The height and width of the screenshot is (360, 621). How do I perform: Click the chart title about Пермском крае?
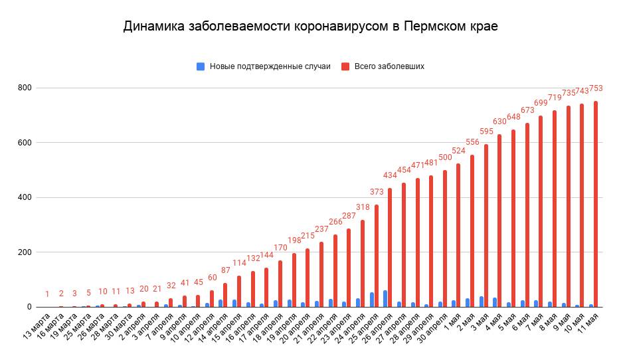pos(310,27)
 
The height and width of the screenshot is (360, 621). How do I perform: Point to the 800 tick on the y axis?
pos(25,88)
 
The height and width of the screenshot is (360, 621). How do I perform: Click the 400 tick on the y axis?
pos(25,198)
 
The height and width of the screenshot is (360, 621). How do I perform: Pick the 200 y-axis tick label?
pos(25,252)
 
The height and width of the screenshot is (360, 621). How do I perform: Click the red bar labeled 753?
pos(596,204)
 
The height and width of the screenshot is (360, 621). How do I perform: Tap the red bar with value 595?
pos(486,225)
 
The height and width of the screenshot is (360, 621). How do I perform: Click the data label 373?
pos(377,192)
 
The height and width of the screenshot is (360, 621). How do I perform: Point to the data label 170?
pos(281,248)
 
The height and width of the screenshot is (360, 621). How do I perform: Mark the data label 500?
pos(446,157)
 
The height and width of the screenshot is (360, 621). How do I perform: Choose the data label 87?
pos(225,270)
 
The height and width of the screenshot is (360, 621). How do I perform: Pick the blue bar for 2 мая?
pos(482,302)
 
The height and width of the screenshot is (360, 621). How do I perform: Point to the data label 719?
pos(555,98)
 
